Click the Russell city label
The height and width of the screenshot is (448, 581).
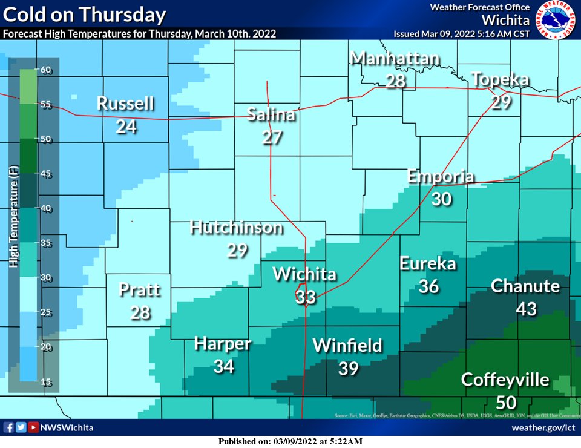(125, 104)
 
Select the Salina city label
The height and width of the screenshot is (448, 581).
(271, 114)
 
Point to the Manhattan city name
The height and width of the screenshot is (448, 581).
(395, 59)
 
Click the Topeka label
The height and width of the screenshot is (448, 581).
(500, 79)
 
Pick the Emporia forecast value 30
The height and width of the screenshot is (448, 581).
(442, 199)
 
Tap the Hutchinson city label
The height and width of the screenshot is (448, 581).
(236, 228)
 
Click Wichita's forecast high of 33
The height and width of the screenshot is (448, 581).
(306, 297)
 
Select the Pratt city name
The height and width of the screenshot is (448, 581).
(140, 289)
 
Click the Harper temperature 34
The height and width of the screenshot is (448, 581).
(223, 366)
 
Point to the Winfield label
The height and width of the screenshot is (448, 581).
(347, 346)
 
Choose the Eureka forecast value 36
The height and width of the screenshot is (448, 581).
(428, 286)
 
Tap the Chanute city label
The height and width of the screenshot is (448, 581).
(525, 286)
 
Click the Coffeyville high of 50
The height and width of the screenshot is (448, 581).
(505, 402)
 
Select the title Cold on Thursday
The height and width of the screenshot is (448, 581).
(84, 15)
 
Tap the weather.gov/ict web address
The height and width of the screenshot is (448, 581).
(542, 427)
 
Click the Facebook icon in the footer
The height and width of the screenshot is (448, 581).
(8, 427)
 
